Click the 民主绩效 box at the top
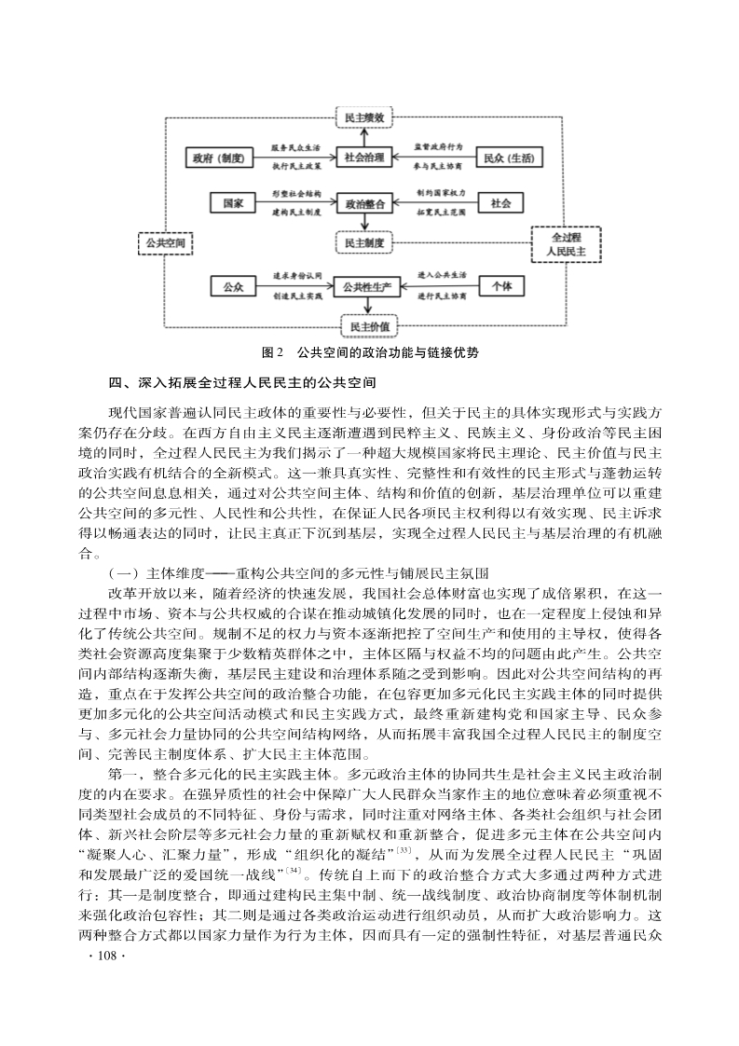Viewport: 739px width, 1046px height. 365,119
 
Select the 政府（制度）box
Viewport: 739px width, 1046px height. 219,158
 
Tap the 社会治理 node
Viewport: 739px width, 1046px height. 365,158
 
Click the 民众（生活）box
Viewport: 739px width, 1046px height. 509,158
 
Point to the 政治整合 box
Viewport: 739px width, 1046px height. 365,202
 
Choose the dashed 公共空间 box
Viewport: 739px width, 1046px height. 165,243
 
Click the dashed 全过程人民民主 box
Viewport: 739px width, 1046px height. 565,244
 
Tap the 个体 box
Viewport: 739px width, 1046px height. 501,286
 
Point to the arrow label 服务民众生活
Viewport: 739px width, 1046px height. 296,147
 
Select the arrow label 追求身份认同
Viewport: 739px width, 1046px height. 296,276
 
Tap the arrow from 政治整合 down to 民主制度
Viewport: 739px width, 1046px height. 365,223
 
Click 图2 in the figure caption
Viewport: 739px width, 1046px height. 272,352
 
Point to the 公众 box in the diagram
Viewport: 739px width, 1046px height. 234,286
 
